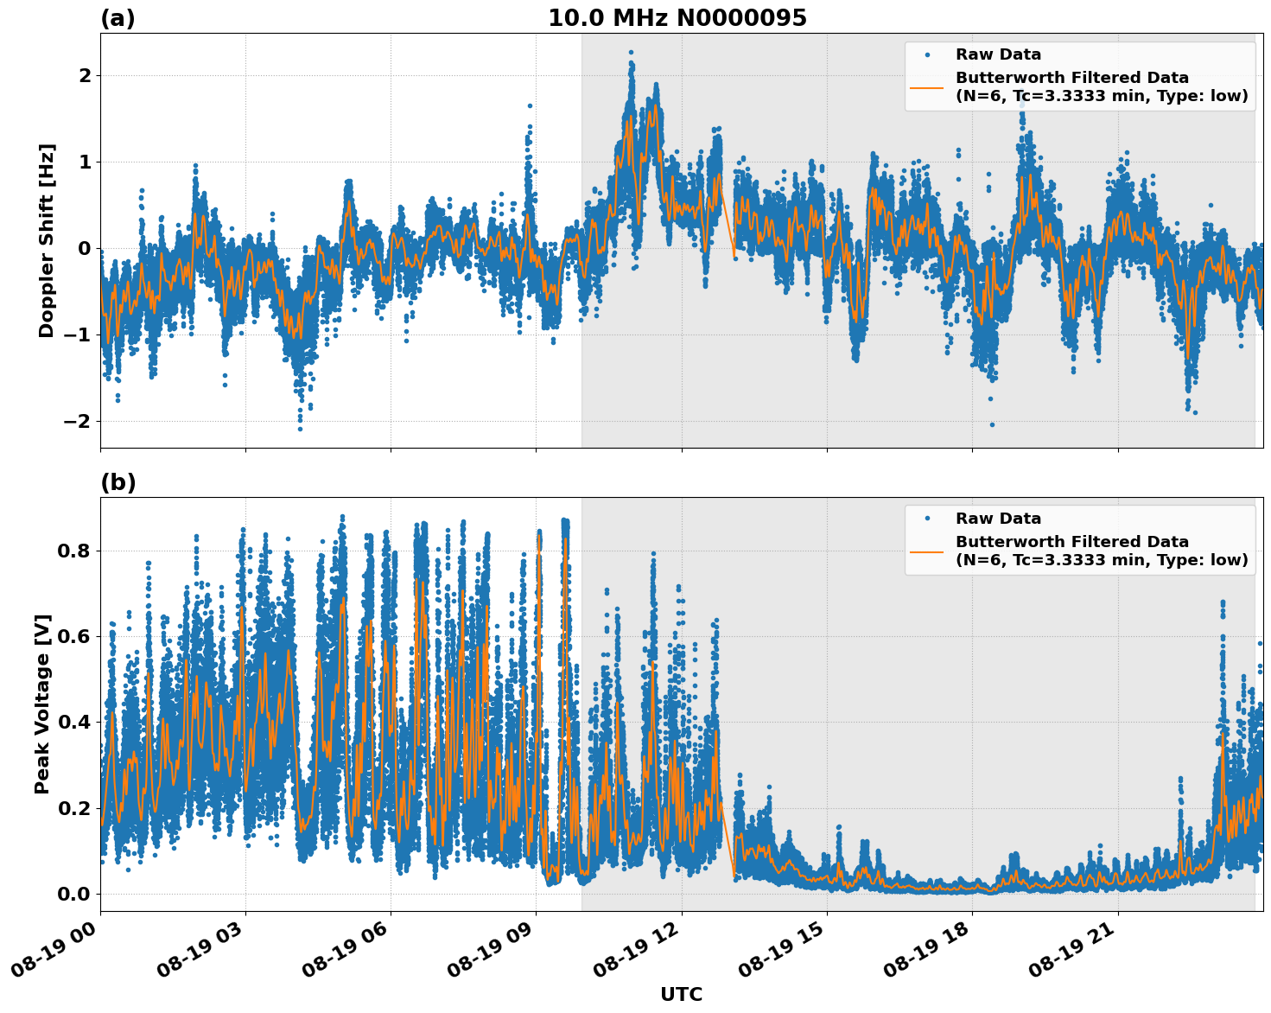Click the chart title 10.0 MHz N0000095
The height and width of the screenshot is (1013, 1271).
click(677, 18)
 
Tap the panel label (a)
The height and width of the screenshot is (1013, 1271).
click(118, 18)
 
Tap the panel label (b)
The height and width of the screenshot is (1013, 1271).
click(118, 482)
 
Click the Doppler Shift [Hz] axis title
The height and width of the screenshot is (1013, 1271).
click(47, 240)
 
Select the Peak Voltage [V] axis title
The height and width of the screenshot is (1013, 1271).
click(42, 704)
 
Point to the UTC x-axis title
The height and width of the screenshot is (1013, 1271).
click(681, 994)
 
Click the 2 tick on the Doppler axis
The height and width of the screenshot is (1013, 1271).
click(85, 76)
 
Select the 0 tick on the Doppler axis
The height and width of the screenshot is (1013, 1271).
click(85, 249)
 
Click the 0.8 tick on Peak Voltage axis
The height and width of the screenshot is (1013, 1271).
click(74, 551)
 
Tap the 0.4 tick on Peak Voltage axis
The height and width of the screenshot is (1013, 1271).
click(74, 723)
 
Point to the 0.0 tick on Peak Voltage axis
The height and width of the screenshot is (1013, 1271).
click(74, 894)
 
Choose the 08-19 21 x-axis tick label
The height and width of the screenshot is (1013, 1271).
click(1074, 955)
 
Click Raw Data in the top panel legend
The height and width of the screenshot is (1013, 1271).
click(998, 54)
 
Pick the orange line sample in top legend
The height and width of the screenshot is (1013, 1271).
click(927, 86)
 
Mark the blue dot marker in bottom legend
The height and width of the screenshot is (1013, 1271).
click(927, 519)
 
